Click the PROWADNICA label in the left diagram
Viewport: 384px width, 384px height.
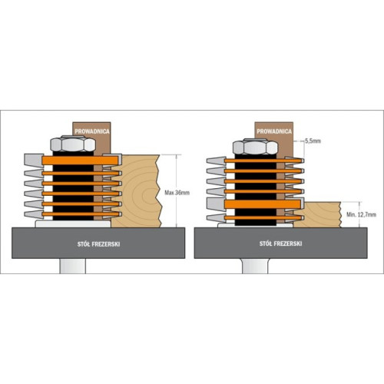(x=92, y=131)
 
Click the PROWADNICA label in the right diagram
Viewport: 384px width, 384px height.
(x=274, y=131)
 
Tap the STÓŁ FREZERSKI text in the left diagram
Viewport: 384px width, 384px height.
(x=98, y=244)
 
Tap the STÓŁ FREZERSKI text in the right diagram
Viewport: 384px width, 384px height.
(x=280, y=243)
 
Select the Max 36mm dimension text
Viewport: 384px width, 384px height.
(x=177, y=193)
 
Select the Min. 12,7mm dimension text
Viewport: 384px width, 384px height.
(x=361, y=214)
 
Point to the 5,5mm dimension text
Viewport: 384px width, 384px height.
(x=313, y=141)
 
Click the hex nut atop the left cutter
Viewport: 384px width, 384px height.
(x=73, y=144)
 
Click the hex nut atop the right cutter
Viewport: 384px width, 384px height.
(x=255, y=147)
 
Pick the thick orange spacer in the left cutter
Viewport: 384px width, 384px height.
(x=81, y=161)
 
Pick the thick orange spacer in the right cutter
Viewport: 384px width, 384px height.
(x=263, y=204)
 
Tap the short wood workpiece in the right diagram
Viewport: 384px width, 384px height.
(x=317, y=214)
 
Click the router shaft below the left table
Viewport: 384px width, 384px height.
(x=73, y=266)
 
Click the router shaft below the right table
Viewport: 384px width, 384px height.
(x=255, y=266)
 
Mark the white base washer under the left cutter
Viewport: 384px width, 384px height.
(x=73, y=224)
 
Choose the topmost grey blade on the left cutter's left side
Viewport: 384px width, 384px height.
(x=34, y=160)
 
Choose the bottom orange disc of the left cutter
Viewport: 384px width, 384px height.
(x=81, y=214)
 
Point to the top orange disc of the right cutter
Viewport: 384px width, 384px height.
(x=263, y=161)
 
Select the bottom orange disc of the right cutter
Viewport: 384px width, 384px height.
(x=263, y=218)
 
